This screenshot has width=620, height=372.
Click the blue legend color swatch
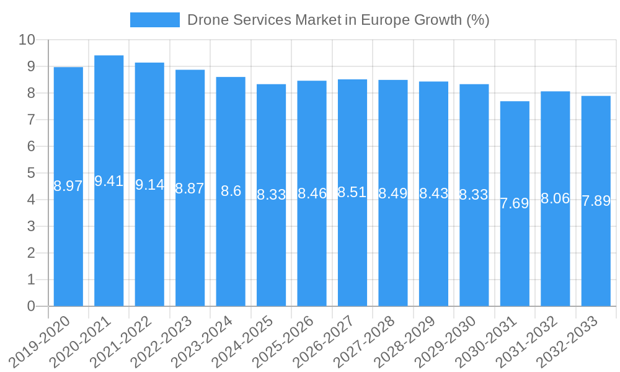click(x=154, y=20)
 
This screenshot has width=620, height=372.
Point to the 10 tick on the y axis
click(x=27, y=40)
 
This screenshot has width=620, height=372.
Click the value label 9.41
click(x=108, y=181)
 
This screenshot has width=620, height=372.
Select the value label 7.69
click(x=515, y=203)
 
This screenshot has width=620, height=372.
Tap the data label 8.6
click(x=231, y=191)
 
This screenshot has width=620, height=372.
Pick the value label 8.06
click(x=555, y=198)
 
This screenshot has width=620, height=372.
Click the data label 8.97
click(x=68, y=186)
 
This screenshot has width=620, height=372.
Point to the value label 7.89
click(x=596, y=201)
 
